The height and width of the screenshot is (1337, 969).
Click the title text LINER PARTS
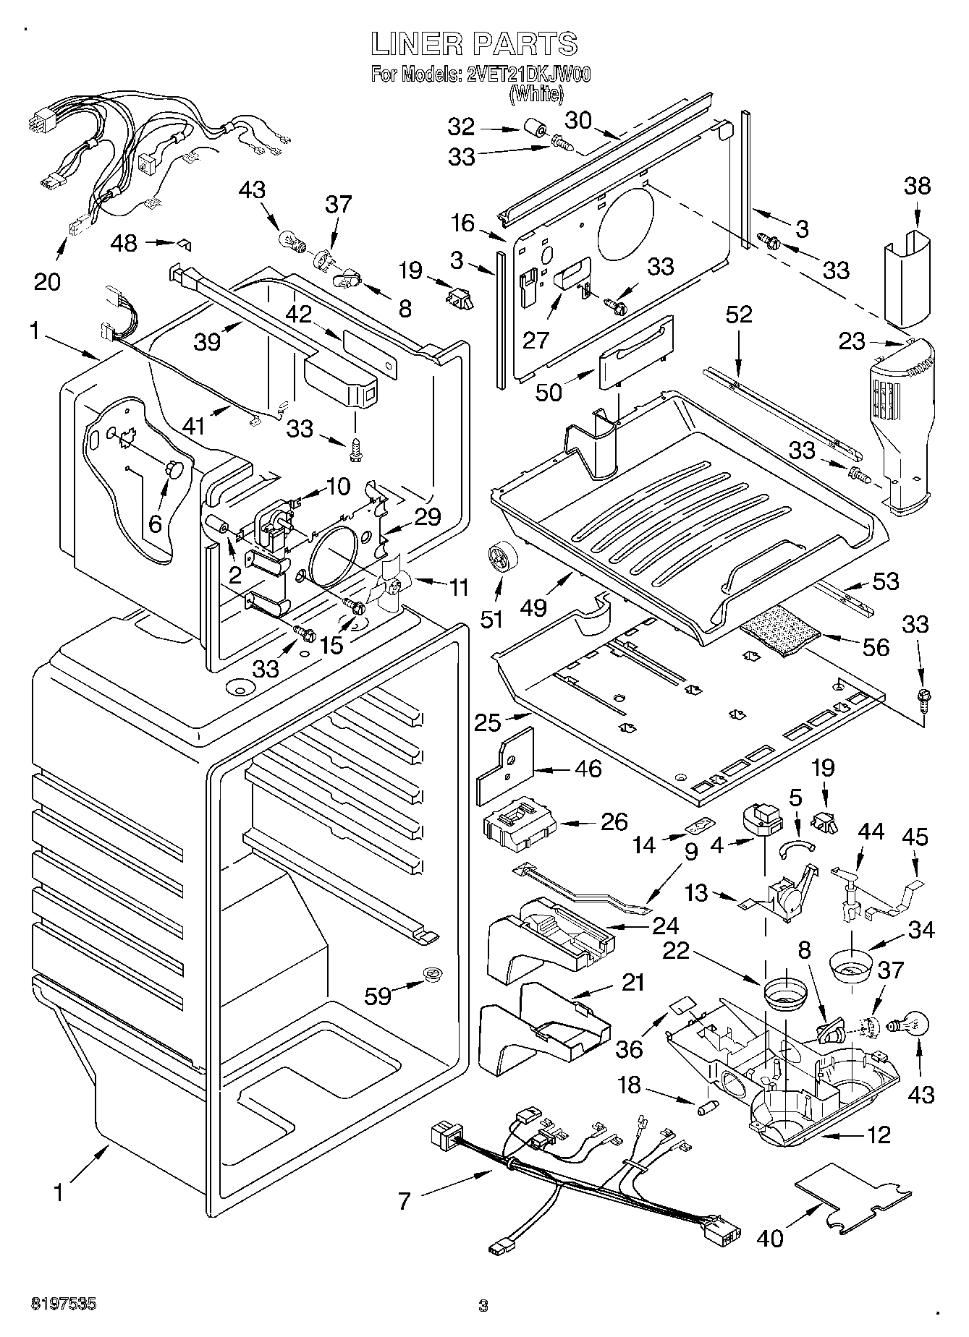click(474, 44)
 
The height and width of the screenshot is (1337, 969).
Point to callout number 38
click(917, 187)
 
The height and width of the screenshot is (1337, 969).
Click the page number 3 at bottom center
click(483, 1306)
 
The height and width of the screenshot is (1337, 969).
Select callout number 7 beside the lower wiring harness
click(405, 1202)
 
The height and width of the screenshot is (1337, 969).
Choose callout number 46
click(588, 768)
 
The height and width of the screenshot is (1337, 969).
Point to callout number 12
click(879, 1135)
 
